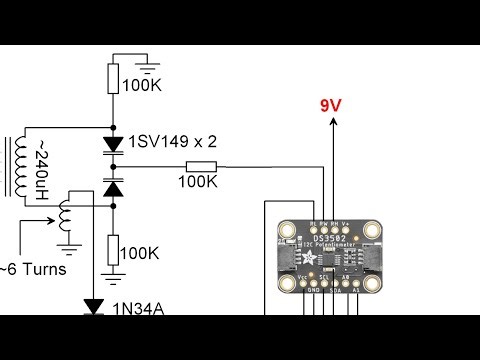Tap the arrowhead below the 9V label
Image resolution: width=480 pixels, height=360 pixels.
tap(334, 123)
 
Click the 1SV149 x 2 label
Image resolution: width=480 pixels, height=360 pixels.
tap(172, 143)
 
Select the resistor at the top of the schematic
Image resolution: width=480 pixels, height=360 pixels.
tap(113, 78)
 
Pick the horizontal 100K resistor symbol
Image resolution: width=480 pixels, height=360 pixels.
tap(201, 167)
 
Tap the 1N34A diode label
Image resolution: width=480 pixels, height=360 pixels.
tap(138, 308)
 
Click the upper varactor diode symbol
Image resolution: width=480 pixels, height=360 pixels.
tap(113, 144)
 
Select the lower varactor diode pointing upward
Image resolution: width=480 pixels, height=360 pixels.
tap(113, 187)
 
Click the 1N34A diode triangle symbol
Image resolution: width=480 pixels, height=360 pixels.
tap(95, 306)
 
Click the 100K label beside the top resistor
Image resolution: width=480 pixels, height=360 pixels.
tap(141, 85)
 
